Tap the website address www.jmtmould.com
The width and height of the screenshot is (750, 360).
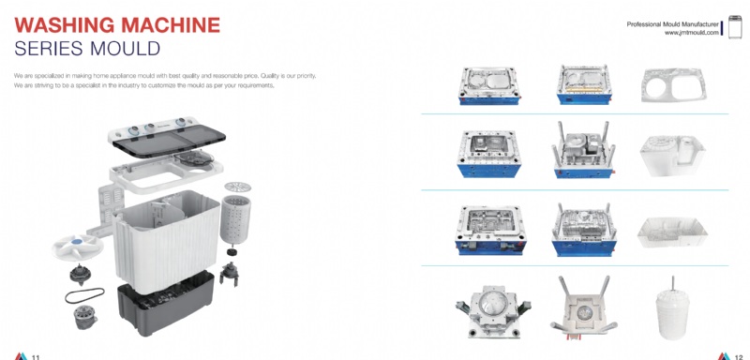[x=691, y=33]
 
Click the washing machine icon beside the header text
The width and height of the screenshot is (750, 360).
[x=735, y=27]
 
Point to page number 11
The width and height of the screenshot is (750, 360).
[x=36, y=356]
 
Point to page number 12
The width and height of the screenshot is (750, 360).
[x=739, y=356]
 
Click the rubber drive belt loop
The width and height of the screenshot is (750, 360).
[x=84, y=295]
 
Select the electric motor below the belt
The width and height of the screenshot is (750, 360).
[x=85, y=318]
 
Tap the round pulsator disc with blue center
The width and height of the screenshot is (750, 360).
[x=77, y=247]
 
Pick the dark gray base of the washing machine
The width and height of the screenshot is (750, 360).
[x=166, y=304]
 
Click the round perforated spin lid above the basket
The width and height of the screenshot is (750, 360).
[x=237, y=187]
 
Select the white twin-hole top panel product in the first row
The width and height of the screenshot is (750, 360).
[x=673, y=84]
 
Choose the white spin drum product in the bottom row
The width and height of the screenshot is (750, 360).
[x=673, y=309]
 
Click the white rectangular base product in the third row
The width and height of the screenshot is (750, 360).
[x=672, y=232]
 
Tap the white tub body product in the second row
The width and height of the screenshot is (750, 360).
[x=672, y=156]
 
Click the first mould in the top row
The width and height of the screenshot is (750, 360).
[x=489, y=86]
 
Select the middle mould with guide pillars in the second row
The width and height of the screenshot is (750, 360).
[x=583, y=151]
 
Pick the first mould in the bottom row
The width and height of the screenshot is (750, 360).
[x=493, y=310]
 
